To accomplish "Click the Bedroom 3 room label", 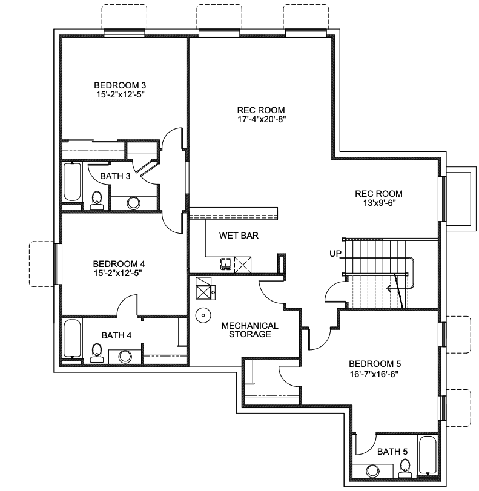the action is [120, 85].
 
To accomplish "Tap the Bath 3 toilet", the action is [96, 200].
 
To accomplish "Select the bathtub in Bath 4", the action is [73, 339].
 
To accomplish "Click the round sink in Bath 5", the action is [372, 471].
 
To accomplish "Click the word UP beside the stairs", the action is [335, 253].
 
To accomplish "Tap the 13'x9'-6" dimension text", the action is [379, 203].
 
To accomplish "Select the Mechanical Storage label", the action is [249, 330].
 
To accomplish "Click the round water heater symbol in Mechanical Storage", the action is [203, 315].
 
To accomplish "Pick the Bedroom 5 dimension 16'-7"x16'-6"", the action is [375, 374].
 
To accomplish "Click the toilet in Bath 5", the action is [405, 468].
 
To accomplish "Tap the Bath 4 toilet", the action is [96, 353].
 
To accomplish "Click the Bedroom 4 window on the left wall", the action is [56, 264].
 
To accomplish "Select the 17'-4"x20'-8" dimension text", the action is [261, 119].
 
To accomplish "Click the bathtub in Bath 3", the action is [73, 182].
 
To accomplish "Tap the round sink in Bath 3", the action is [134, 203].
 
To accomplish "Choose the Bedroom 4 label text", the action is [119, 264].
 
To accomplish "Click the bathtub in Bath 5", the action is [428, 455].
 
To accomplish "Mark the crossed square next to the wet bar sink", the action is [242, 265].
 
